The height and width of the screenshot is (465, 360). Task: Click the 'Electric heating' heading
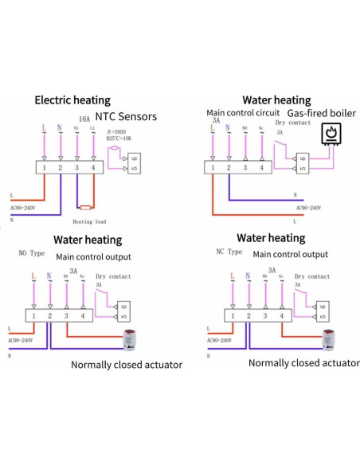point(77,100)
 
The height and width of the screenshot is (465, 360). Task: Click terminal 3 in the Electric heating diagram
point(76,168)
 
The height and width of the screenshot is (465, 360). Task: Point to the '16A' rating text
point(84,118)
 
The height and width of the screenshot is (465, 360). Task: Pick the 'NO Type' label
point(33,253)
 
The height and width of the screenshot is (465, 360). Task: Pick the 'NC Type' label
point(229,252)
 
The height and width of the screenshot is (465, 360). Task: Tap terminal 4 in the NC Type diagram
point(282,316)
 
